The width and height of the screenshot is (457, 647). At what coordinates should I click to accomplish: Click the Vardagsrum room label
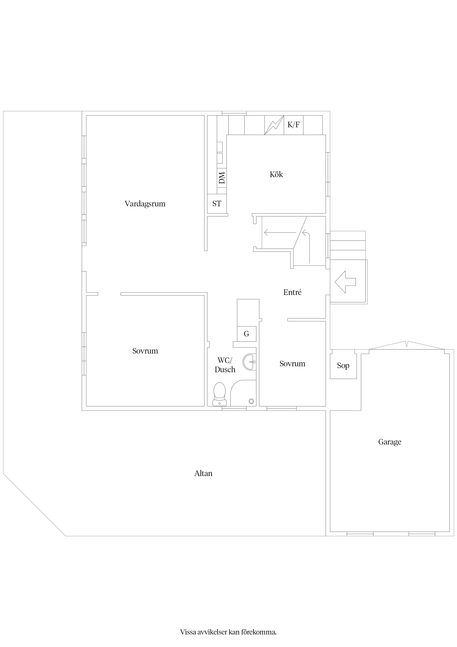click(x=145, y=204)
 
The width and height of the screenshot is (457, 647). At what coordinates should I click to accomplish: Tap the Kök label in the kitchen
click(x=276, y=174)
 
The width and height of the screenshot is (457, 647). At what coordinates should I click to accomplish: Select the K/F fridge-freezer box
click(x=293, y=125)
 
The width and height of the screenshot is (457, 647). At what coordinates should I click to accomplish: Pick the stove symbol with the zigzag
click(x=274, y=125)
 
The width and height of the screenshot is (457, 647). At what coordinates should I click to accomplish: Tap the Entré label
click(x=292, y=292)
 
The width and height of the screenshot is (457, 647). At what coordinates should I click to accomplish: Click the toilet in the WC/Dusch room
click(x=220, y=394)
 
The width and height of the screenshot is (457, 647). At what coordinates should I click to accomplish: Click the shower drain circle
click(x=251, y=401)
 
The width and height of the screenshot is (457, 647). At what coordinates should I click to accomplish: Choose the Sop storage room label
click(x=343, y=366)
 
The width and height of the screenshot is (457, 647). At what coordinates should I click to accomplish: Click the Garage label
click(x=390, y=442)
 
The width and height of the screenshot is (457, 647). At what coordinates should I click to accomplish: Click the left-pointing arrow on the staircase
click(x=280, y=232)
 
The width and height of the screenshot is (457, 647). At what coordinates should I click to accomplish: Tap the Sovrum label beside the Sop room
click(x=292, y=364)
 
